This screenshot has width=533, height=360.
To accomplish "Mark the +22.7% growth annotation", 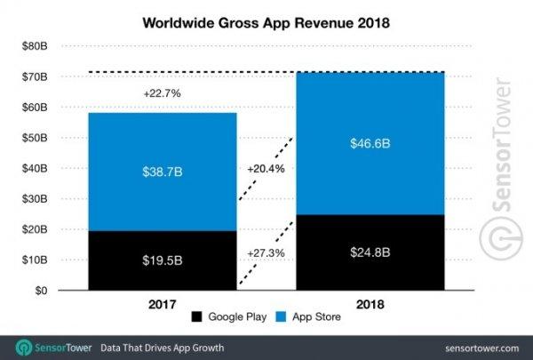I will click(162, 92).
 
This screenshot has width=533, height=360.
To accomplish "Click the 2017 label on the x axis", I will click(162, 304).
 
